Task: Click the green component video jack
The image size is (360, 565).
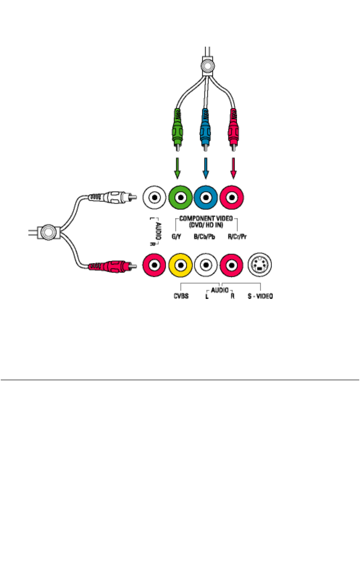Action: pyautogui.click(x=180, y=197)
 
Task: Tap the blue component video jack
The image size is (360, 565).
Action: pyautogui.click(x=206, y=197)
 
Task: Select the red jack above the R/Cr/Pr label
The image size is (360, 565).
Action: pyautogui.click(x=232, y=197)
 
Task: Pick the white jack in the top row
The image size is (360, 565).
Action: pyautogui.click(x=154, y=197)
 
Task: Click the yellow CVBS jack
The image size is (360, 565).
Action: pyautogui.click(x=180, y=265)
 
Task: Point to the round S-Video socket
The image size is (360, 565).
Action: pyautogui.click(x=260, y=265)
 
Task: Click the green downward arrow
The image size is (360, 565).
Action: pyautogui.click(x=177, y=168)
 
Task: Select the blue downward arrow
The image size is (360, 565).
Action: pyautogui.click(x=205, y=168)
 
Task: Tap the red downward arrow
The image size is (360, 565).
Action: pyautogui.click(x=233, y=168)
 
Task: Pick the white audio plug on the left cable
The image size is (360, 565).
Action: pyautogui.click(x=112, y=197)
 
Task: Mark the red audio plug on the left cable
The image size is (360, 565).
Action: pyautogui.click(x=112, y=266)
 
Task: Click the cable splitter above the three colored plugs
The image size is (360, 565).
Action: pyautogui.click(x=208, y=66)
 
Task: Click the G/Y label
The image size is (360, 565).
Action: pyautogui.click(x=176, y=237)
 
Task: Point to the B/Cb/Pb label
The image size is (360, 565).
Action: pyautogui.click(x=204, y=237)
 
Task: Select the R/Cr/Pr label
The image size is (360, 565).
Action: pyautogui.click(x=237, y=237)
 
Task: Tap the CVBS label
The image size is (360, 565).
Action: pyautogui.click(x=181, y=296)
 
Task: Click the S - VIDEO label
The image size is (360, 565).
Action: pyautogui.click(x=260, y=296)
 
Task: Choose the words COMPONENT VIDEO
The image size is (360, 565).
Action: pyautogui.click(x=206, y=218)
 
